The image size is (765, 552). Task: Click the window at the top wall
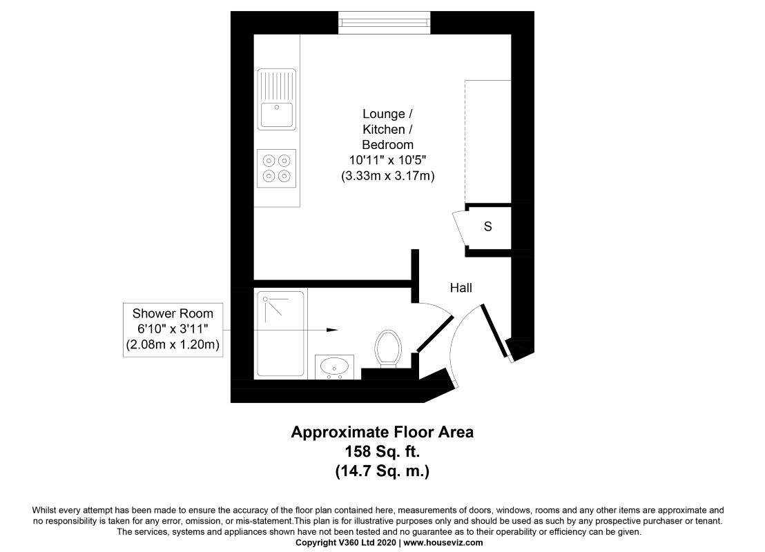tap(385, 23)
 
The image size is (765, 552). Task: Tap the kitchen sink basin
tap(277, 115)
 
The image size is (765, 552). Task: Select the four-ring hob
tap(277, 168)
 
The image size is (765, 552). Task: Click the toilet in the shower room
tap(388, 348)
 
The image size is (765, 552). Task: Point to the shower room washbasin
tap(334, 366)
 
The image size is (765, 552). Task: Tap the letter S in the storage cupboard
tap(488, 226)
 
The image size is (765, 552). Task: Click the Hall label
tap(461, 288)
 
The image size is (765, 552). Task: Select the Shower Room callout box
tap(173, 330)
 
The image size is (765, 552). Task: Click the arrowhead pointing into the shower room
tap(332, 330)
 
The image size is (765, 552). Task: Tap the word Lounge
tap(383, 114)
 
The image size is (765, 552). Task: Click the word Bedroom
tap(388, 145)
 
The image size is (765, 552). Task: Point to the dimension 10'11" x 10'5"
tap(388, 160)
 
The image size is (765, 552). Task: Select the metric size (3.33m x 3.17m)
tap(388, 175)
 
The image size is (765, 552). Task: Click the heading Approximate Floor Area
tap(382, 432)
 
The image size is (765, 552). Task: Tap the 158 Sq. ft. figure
tap(382, 451)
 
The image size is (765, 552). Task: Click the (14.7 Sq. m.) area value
tap(382, 471)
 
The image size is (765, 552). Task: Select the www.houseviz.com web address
tap(443, 542)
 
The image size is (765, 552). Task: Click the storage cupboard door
tap(460, 228)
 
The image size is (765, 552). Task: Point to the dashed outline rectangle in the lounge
tap(488, 141)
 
